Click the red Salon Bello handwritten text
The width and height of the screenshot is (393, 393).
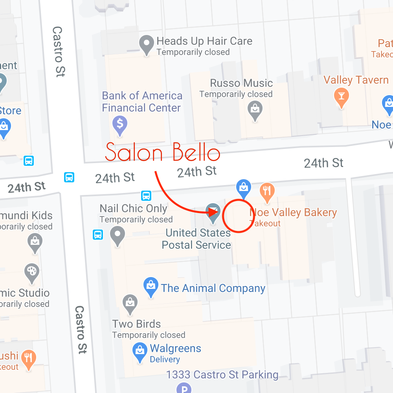[162, 152]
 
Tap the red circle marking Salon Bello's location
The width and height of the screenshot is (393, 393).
[238, 216]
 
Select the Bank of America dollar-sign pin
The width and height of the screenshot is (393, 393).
[120, 124]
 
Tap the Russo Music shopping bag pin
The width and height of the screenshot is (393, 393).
[255, 108]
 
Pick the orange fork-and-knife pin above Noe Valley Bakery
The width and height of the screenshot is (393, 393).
[267, 191]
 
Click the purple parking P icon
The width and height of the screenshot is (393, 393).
[183, 388]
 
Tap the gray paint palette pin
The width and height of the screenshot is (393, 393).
[32, 272]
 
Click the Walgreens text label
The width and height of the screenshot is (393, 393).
[175, 349]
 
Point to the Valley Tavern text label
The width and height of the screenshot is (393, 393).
[356, 80]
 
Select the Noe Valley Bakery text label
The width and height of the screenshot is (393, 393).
[293, 213]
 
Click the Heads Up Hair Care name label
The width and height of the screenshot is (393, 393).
[204, 41]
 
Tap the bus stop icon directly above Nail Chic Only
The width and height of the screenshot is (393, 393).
[146, 195]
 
